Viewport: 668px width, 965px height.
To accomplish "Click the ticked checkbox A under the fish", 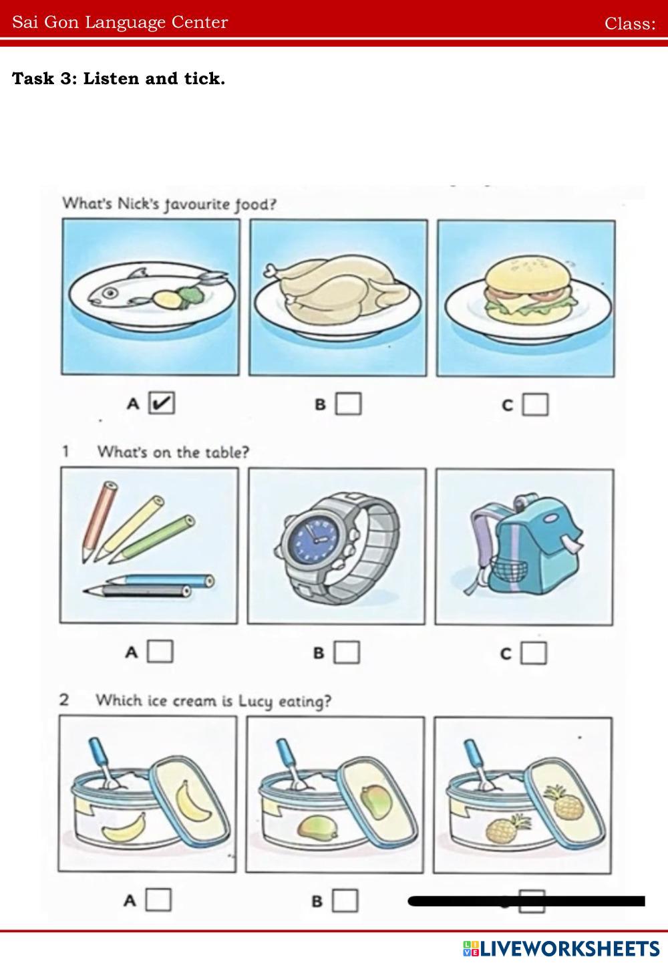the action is click(x=162, y=403).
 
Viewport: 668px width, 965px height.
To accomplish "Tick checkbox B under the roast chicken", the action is click(x=348, y=404).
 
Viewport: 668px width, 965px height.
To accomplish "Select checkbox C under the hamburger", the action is click(x=535, y=404).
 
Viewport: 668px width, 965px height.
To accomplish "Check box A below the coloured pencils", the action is click(x=160, y=651).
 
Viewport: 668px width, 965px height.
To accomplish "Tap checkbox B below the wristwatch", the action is click(x=347, y=652).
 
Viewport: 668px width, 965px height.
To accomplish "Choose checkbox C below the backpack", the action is click(x=534, y=653).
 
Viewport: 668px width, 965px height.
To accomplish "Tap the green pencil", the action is click(x=152, y=539).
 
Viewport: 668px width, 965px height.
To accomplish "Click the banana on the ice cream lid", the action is click(x=192, y=800).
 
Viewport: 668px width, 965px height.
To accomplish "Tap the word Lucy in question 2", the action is click(x=256, y=701).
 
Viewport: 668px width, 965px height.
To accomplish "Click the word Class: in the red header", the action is click(x=630, y=23).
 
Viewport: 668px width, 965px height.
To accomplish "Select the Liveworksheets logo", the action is click(x=561, y=948).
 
